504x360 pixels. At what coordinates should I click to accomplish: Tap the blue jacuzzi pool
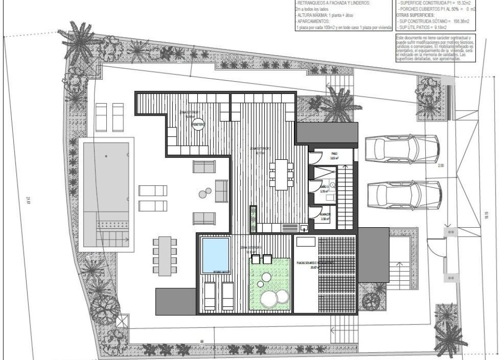point(215,255)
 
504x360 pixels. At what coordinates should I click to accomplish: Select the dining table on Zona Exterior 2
point(282,174)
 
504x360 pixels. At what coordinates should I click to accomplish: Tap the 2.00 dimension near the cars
point(441,166)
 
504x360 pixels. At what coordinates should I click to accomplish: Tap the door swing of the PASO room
point(315,157)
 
